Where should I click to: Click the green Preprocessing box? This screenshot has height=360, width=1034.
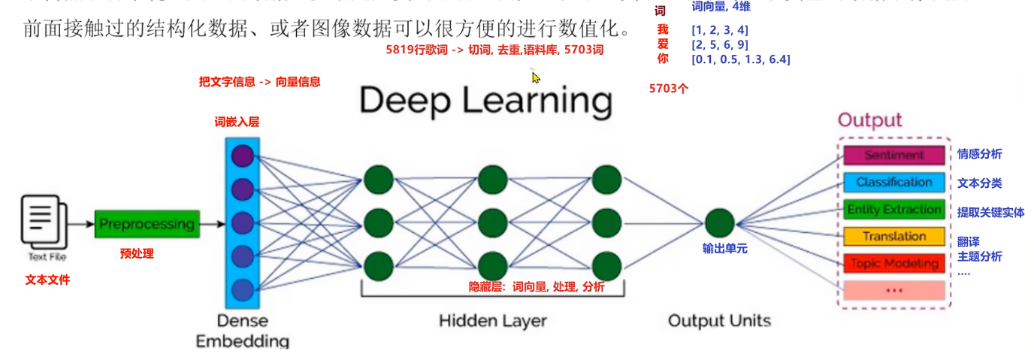(147, 224)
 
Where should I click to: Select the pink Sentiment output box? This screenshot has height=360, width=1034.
(893, 155)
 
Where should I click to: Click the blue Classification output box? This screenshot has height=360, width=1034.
(893, 182)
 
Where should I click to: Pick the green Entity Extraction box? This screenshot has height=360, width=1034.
(893, 209)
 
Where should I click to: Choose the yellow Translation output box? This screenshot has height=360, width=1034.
(893, 236)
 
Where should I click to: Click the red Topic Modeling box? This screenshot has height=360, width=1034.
(893, 263)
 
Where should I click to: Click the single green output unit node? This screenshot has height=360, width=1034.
(719, 223)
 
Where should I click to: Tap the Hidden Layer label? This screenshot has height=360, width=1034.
(493, 321)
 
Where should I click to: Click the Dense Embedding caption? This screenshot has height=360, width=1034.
(242, 331)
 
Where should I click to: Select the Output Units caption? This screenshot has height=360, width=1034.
(719, 321)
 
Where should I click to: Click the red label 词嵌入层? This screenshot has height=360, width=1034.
(237, 122)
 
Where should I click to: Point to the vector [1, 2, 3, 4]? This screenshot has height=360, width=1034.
(719, 30)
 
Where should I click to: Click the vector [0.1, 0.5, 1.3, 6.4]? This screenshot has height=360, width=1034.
(740, 59)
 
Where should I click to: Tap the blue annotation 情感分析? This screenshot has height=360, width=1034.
(979, 154)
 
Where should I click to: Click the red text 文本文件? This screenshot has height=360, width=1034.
(47, 280)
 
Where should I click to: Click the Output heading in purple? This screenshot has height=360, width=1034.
(869, 120)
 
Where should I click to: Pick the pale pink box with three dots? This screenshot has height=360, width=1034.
(893, 290)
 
